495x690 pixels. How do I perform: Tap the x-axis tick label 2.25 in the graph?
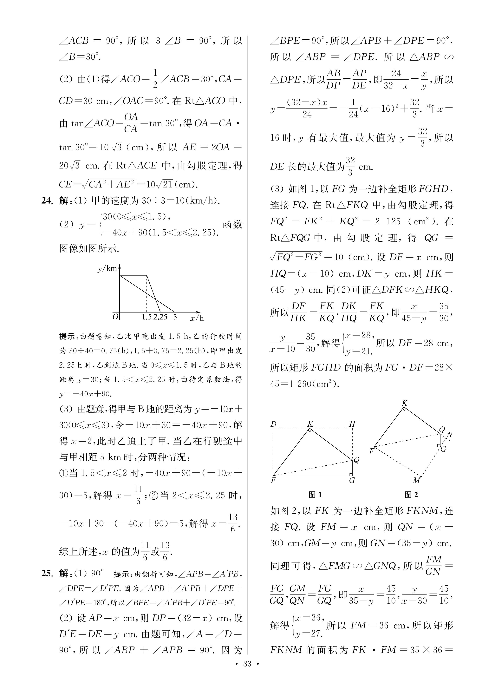click(x=160, y=317)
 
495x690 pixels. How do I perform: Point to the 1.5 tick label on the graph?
click(x=147, y=317)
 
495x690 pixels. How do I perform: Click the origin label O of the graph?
click(x=115, y=317)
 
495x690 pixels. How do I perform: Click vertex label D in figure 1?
click(x=274, y=424)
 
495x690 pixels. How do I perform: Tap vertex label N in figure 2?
click(x=450, y=434)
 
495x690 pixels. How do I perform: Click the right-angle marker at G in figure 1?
click(x=351, y=474)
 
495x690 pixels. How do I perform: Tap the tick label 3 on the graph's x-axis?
click(x=175, y=317)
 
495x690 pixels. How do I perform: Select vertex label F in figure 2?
click(x=371, y=451)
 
